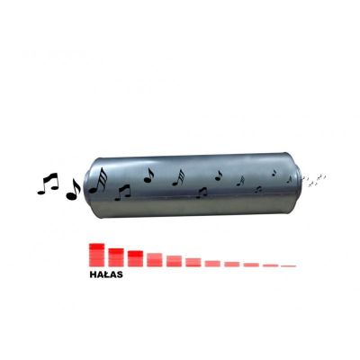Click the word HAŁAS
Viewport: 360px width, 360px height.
pos(106,274)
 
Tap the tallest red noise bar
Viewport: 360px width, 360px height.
pos(96,255)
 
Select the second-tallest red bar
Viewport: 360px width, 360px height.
pos(116,257)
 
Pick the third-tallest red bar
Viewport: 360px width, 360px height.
pos(135,258)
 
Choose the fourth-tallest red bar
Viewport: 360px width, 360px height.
pos(155,260)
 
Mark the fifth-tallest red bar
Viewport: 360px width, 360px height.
pos(174,261)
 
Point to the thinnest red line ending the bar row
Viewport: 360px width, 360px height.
pos(289,265)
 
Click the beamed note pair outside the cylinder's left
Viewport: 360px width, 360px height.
pos(48,184)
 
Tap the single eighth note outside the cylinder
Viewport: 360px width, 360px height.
pos(73,190)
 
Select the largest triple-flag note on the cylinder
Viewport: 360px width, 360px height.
pos(98,180)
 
